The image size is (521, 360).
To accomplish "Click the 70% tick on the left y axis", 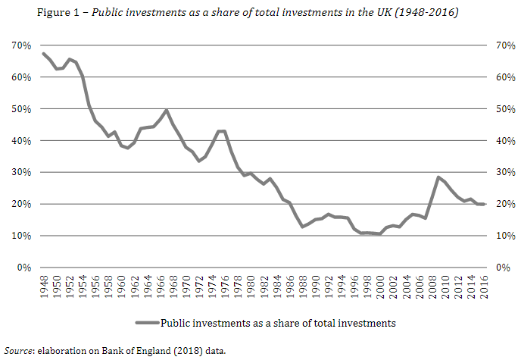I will pos(20,45).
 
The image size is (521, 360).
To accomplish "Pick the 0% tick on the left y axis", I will pos(23,268).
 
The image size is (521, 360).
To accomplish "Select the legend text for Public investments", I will pos(278,323).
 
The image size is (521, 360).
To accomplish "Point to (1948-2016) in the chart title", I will pos(430,13).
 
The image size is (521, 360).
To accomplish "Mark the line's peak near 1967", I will pos(166,110).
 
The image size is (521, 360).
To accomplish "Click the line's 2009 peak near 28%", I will pos(438,177).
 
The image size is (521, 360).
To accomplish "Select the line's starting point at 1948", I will pos(43,53).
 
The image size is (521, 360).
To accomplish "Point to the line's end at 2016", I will pos(482,205).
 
